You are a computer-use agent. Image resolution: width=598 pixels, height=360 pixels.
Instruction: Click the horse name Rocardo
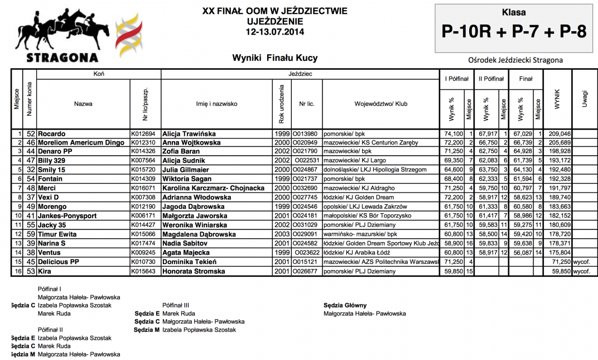click(x=51, y=134)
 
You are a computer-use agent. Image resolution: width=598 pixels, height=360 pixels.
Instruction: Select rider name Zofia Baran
click(x=181, y=151)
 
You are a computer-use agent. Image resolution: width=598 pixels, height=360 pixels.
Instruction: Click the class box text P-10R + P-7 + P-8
click(x=514, y=32)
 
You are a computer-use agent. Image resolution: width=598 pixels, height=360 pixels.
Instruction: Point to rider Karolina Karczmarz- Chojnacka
click(x=213, y=188)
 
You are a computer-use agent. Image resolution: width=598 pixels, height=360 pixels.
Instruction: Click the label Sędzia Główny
click(x=345, y=305)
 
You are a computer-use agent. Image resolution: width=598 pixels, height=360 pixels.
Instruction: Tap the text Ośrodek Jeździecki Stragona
click(x=515, y=60)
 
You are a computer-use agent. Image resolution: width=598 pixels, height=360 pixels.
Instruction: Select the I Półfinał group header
click(x=456, y=79)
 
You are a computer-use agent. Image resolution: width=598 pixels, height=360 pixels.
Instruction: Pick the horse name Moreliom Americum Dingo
click(x=80, y=143)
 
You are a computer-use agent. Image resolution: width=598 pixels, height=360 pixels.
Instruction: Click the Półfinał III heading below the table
click(x=176, y=305)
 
